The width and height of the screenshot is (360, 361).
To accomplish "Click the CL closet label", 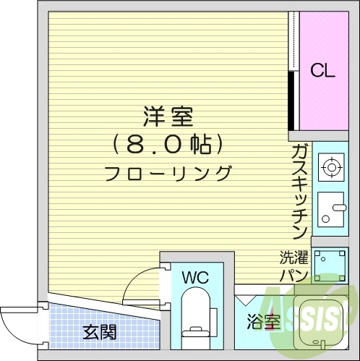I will point(322,70).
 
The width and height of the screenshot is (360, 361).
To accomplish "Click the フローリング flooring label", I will point(168,174).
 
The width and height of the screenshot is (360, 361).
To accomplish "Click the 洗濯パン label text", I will point(294,266).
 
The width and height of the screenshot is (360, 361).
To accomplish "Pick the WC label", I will point(195,277).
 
